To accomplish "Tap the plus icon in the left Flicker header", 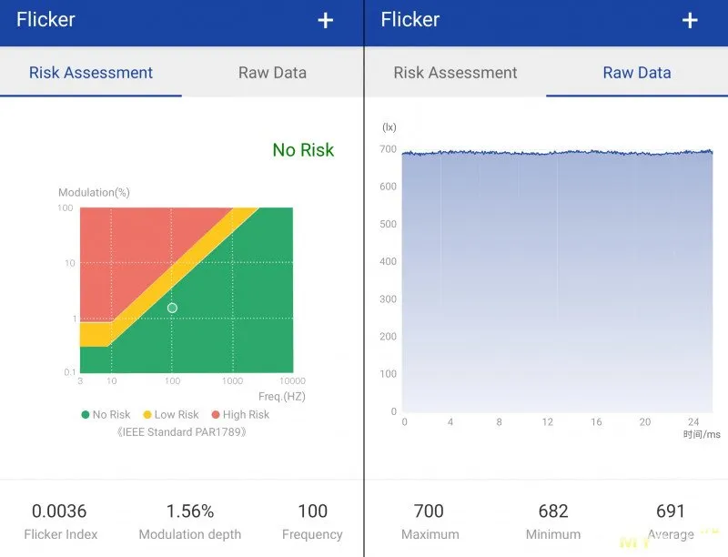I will pos(326,20).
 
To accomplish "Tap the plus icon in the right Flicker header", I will pos(690,20).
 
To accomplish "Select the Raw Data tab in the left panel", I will pos(272,73).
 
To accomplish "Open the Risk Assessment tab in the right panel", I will pos(455,73).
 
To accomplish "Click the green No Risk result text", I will pos(303,150).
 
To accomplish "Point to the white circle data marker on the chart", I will pos(172,308).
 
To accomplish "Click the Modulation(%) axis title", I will pos(94,193).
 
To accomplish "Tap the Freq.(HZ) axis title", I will pos(282,396).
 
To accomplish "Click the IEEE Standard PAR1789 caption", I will pos(182,431).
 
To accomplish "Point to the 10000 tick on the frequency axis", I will pos(292,381).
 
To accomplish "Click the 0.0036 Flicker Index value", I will pos(59,511).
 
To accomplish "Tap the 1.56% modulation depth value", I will pos(190,511).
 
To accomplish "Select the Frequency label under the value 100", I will pos(312,534).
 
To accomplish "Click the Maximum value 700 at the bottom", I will pos(429,511).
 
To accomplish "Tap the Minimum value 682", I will pos(552,511).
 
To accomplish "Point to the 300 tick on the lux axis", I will pos(389,299).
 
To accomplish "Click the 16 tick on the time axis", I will pos(596,422).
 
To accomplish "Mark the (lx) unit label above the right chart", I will pos(389,127).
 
